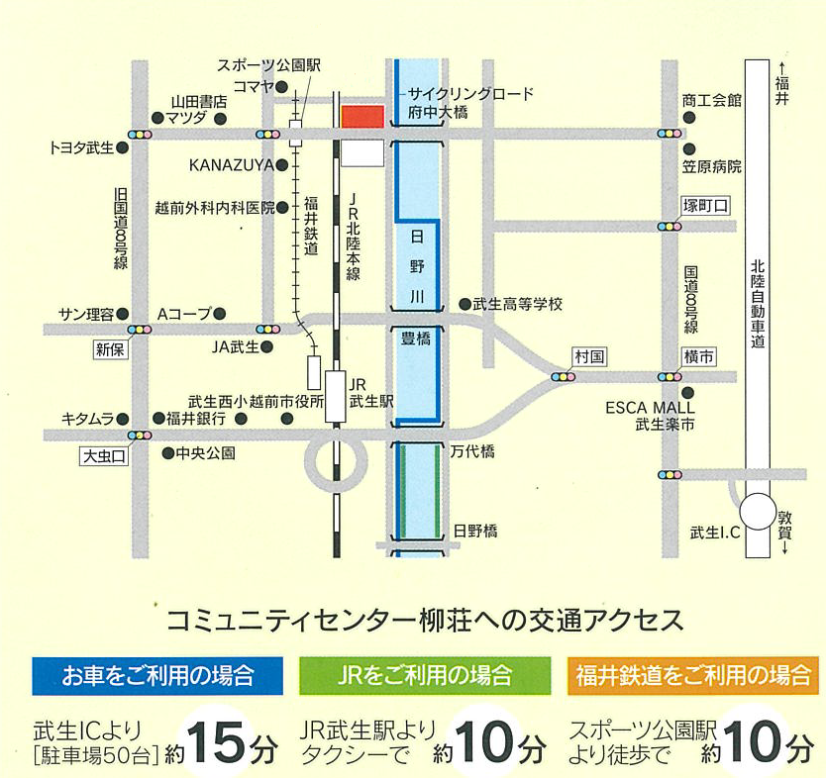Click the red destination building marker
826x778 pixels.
(x=361, y=115)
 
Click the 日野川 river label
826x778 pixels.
(x=416, y=266)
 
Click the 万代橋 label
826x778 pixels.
(x=472, y=451)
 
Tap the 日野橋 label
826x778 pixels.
(x=474, y=532)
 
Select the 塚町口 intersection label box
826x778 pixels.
(x=705, y=206)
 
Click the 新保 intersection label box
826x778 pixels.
(x=112, y=349)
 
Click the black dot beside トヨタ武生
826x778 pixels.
(x=123, y=148)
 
